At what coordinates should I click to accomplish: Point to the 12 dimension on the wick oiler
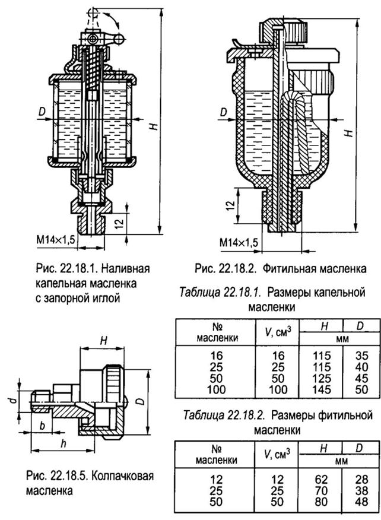click(233, 205)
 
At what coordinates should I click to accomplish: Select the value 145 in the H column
click(322, 389)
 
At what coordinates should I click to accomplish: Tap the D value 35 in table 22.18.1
click(362, 356)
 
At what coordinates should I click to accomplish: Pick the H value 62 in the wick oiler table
click(321, 479)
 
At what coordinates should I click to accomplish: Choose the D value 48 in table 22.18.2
click(361, 501)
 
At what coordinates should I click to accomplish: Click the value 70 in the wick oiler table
click(321, 490)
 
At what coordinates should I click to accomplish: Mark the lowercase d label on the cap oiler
click(13, 401)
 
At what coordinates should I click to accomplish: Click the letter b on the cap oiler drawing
click(42, 426)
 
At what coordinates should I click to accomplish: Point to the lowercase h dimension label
click(63, 443)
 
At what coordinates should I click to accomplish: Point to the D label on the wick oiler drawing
click(224, 112)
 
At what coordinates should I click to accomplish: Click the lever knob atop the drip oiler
click(118, 40)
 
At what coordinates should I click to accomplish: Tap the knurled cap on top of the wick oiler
click(284, 32)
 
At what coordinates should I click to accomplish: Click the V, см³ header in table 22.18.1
click(278, 332)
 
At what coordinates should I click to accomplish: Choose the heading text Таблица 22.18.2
click(224, 415)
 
